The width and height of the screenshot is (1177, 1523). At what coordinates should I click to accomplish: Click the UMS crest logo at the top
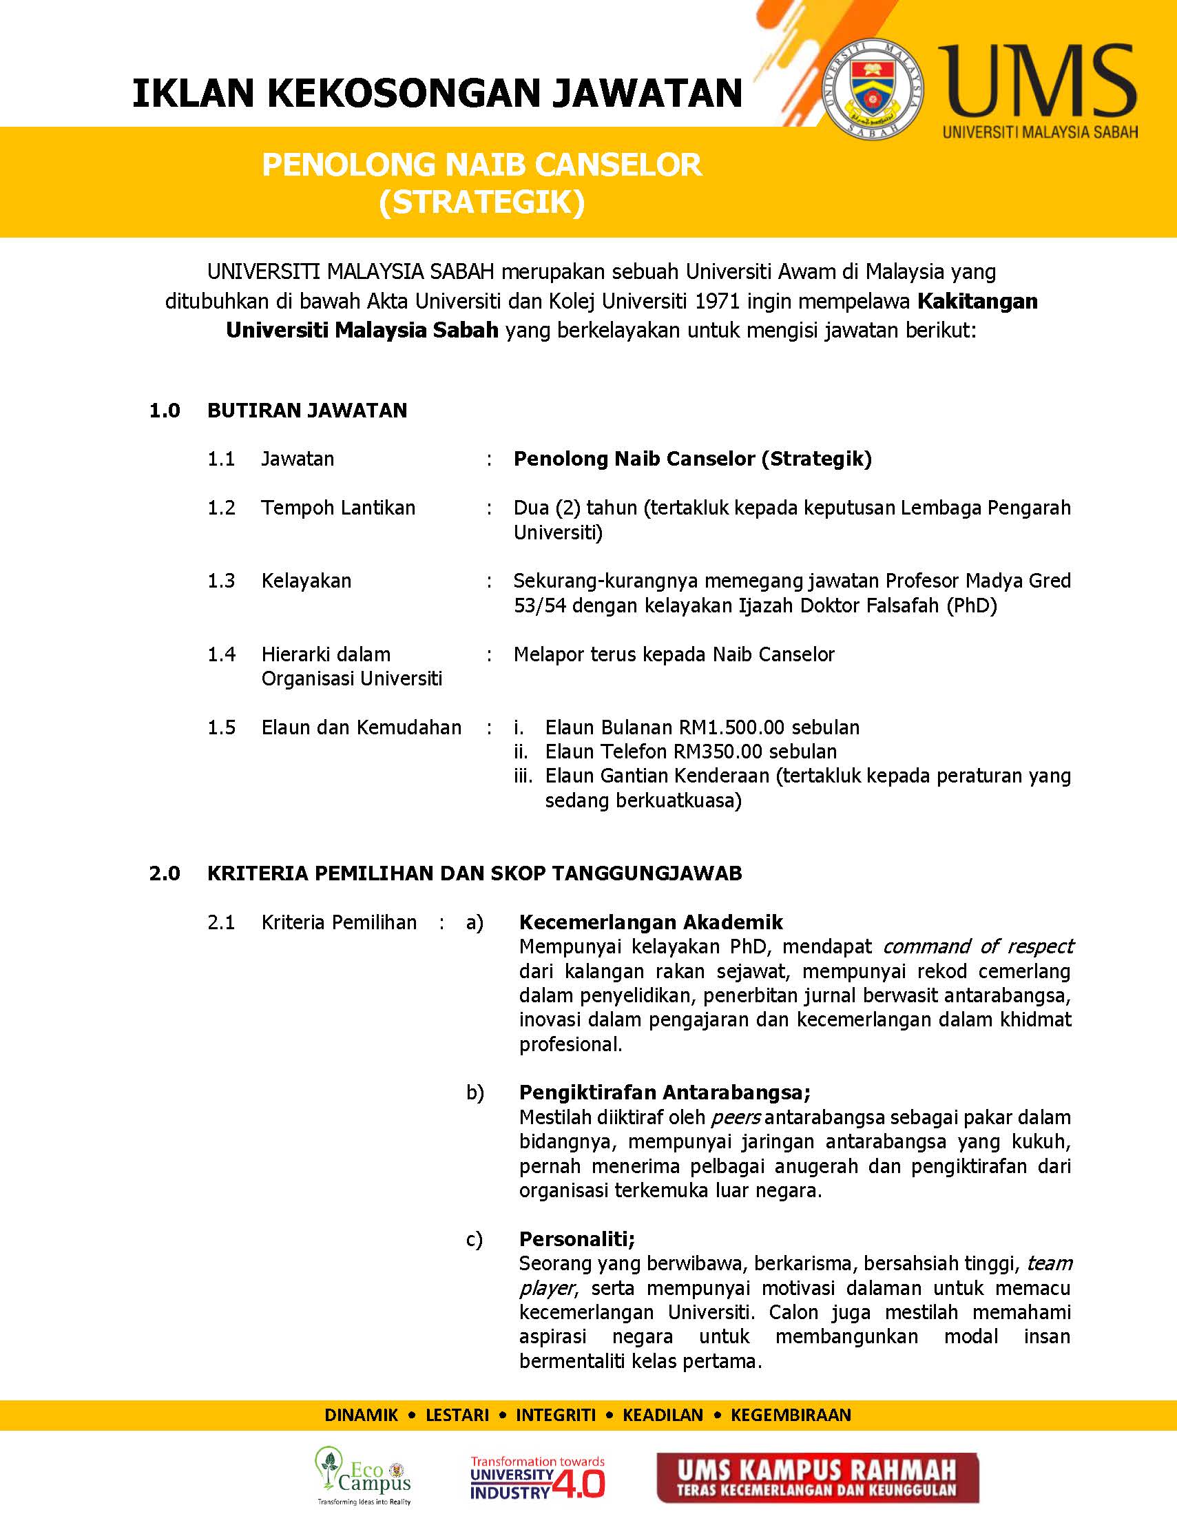pyautogui.click(x=874, y=88)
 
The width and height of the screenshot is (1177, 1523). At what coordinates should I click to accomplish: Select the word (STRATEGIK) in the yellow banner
pyautogui.click(x=481, y=203)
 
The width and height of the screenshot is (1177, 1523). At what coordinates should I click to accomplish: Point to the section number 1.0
pyautogui.click(x=165, y=410)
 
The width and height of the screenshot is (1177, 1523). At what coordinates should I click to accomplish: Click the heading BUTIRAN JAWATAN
pyautogui.click(x=306, y=410)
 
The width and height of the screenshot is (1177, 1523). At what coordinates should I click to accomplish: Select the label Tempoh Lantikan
pyautogui.click(x=338, y=508)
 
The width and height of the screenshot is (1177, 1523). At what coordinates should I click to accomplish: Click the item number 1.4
pyautogui.click(x=221, y=654)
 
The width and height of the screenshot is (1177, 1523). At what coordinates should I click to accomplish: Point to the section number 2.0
pyautogui.click(x=165, y=873)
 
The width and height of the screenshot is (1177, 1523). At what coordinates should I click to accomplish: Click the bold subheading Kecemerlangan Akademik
pyautogui.click(x=651, y=922)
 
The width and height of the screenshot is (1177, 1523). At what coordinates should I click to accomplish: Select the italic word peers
pyautogui.click(x=735, y=1117)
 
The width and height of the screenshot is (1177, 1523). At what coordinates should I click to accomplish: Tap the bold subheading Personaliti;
pyautogui.click(x=576, y=1239)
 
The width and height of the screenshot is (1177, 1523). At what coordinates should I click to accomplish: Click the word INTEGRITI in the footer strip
pyautogui.click(x=556, y=1415)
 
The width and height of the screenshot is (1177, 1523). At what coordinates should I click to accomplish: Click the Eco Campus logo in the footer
pyautogui.click(x=362, y=1473)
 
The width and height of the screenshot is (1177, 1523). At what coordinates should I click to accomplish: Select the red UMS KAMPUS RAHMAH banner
pyautogui.click(x=817, y=1477)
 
